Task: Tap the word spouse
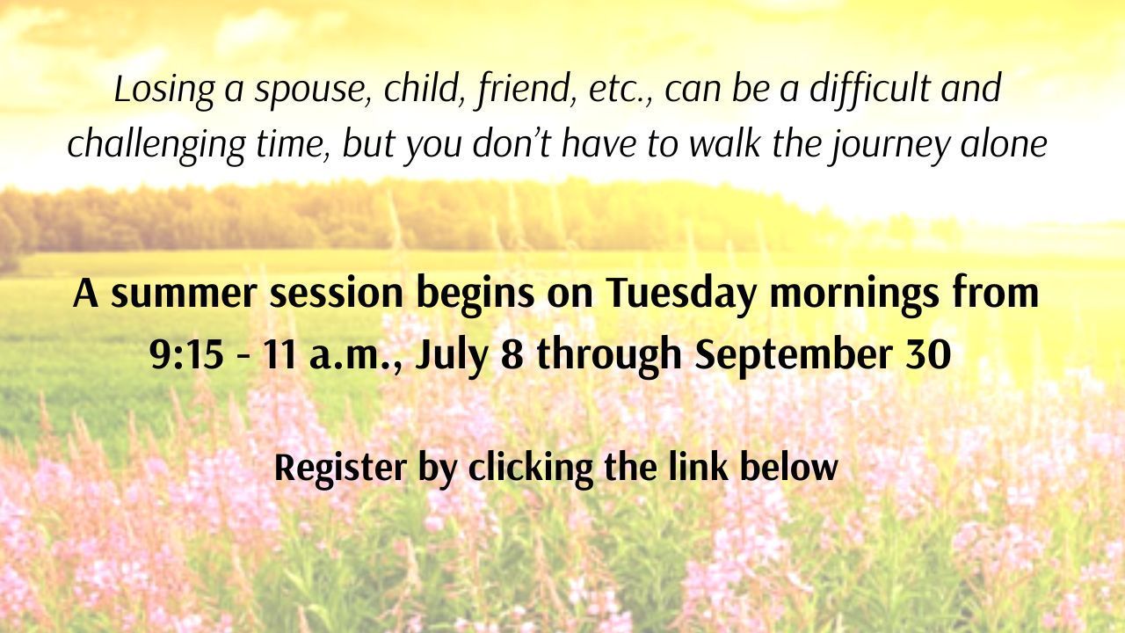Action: (x=313, y=92)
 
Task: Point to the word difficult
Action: (x=870, y=90)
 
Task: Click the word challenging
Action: (x=156, y=145)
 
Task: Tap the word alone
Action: (x=1004, y=142)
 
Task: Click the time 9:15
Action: (x=186, y=354)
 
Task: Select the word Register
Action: (x=340, y=469)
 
